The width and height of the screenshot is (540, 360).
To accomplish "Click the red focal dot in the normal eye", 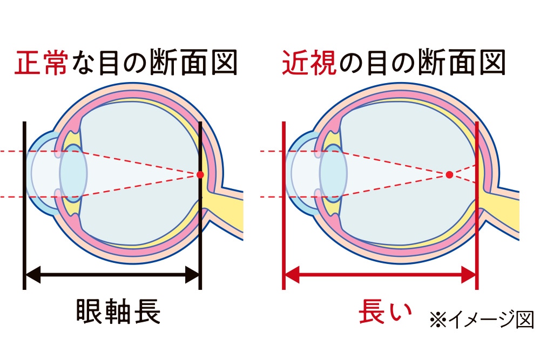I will click(200, 174).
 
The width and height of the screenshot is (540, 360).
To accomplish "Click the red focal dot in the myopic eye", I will click(449, 174).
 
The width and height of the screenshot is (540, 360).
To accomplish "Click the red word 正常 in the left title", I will click(42, 63).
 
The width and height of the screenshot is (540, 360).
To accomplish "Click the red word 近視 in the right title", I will click(307, 63).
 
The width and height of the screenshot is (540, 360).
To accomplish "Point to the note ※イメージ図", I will click(481, 320).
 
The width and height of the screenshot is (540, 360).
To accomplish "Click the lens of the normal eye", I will click(73, 174).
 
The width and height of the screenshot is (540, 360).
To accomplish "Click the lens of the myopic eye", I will click(333, 174).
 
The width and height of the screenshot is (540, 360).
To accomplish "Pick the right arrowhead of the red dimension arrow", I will click(469, 276).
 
